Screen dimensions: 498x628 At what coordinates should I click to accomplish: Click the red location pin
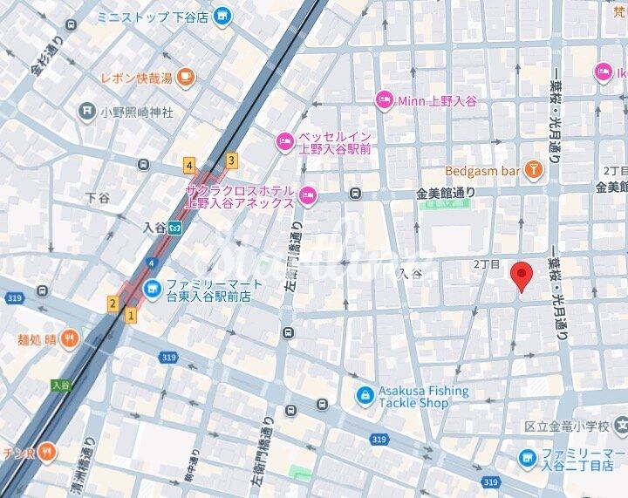[x=521, y=276]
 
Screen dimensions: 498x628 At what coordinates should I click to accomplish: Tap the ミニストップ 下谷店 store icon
[x=223, y=16]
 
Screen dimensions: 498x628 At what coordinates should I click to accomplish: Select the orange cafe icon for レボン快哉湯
[x=185, y=78]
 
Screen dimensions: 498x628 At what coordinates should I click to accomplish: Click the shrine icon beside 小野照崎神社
[x=86, y=111]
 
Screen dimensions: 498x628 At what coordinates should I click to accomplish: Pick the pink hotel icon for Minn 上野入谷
[x=384, y=101]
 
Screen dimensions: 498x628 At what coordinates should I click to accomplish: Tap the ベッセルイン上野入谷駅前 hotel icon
[x=285, y=140]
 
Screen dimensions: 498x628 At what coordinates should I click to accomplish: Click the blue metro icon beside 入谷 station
[x=175, y=228]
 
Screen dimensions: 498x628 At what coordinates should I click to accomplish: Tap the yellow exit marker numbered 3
[x=231, y=160]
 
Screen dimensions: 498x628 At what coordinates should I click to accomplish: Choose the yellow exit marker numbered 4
[x=188, y=165]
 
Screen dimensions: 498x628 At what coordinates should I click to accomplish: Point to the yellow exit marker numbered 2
[x=113, y=304]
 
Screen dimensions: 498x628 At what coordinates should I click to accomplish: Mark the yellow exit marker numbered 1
[x=131, y=316]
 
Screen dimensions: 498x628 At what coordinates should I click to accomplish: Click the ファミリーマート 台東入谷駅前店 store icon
[x=153, y=287]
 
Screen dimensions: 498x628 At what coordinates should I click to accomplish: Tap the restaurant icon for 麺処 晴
[x=69, y=338]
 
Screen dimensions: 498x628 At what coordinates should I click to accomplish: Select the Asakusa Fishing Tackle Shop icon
[x=364, y=396]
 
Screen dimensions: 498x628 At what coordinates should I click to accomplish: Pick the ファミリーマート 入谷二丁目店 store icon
[x=527, y=456]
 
